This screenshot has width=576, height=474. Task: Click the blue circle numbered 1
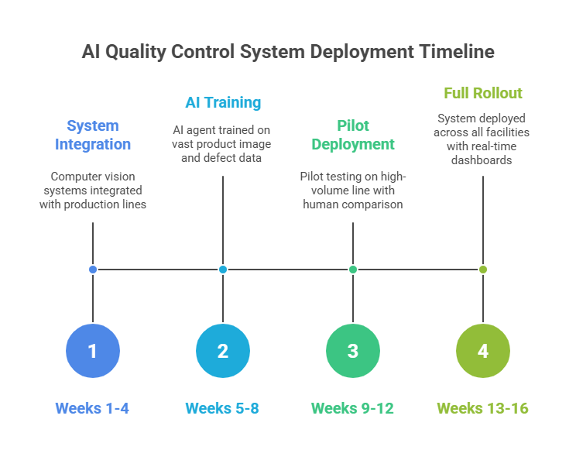tap(93, 351)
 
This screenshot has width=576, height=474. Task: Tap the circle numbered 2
tap(223, 351)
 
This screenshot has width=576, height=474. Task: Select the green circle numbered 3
tap(353, 351)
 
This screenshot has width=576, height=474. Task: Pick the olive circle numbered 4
tap(483, 351)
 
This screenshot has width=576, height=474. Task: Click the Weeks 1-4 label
tap(92, 408)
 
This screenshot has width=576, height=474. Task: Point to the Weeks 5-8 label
tap(222, 408)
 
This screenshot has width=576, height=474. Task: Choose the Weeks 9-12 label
tap(352, 408)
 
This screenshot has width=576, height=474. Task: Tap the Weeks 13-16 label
tap(482, 408)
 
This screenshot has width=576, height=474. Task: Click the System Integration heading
tap(93, 135)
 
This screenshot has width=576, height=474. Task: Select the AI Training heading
tap(223, 102)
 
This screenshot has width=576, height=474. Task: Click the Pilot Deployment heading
tap(353, 135)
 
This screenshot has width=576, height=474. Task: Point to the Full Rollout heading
tap(483, 93)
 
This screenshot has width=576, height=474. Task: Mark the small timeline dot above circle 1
tap(93, 270)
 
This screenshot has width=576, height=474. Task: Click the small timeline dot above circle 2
tap(223, 270)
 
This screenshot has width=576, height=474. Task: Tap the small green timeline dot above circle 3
tap(353, 270)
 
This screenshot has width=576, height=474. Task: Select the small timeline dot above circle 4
tap(483, 270)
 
